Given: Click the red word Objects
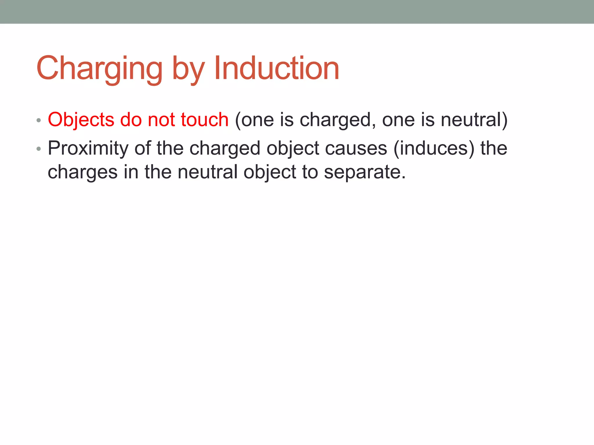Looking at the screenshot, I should (x=81, y=120).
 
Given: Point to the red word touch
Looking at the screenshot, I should (x=204, y=119).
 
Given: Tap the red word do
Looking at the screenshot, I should (x=131, y=119).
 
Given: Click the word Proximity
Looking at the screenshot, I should (x=88, y=148).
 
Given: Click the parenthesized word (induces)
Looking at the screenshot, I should (x=434, y=148).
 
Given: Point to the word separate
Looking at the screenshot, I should (x=365, y=172).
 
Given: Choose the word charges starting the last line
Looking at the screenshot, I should (x=82, y=172).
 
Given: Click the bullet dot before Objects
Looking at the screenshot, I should (x=39, y=120).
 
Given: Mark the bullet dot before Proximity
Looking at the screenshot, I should (x=39, y=149).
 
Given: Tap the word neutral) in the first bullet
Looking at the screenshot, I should (x=474, y=119).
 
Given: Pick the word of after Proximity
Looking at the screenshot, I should (x=142, y=148).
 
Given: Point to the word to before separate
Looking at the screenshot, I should (x=309, y=172).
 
